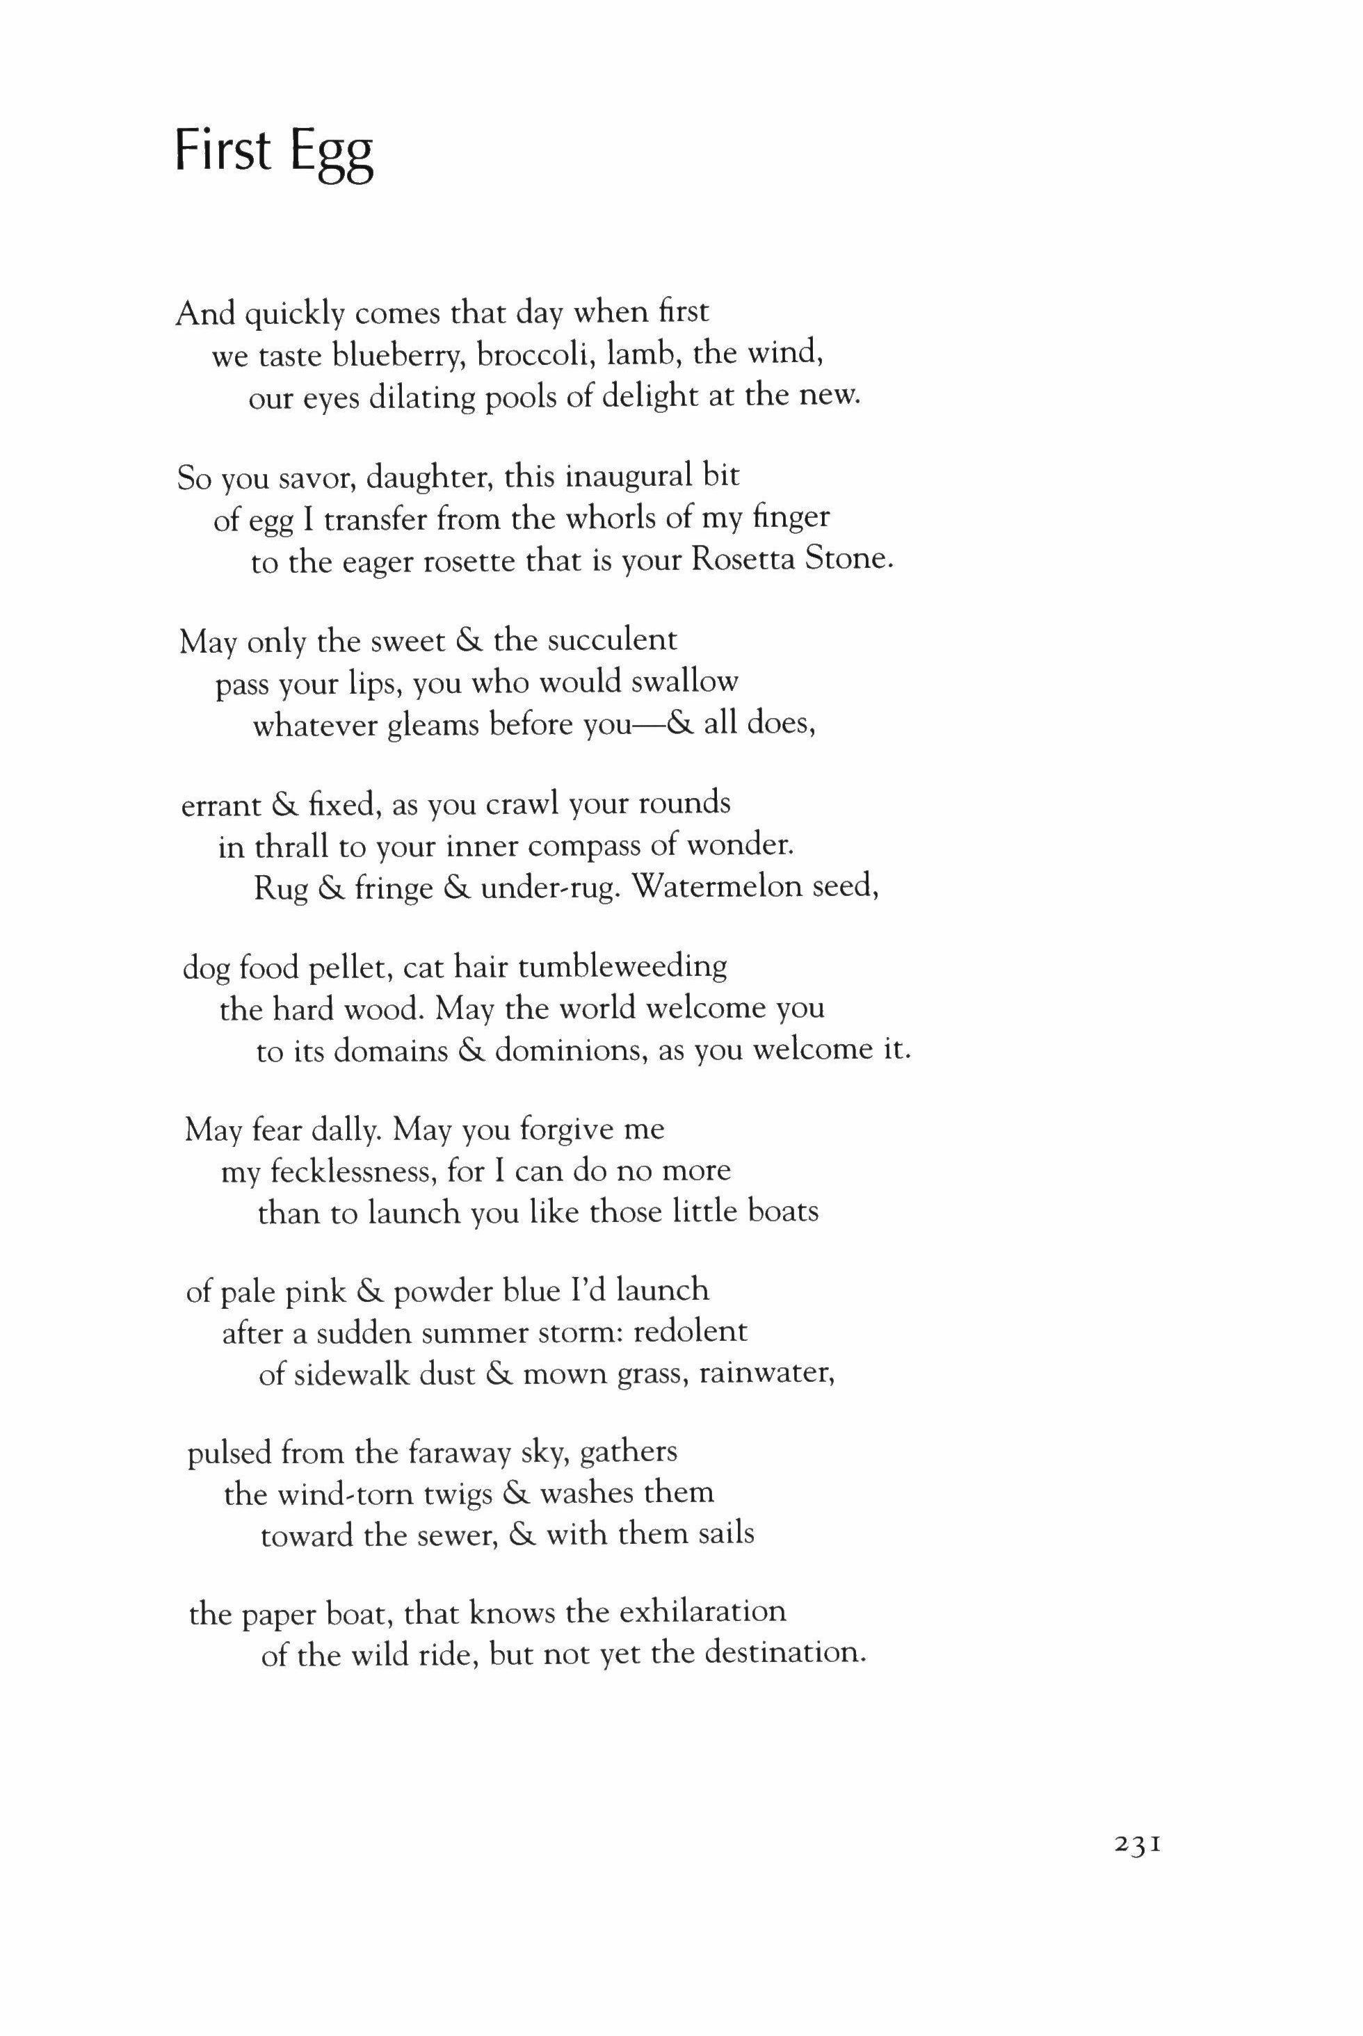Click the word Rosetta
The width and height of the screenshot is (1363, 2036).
743,560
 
